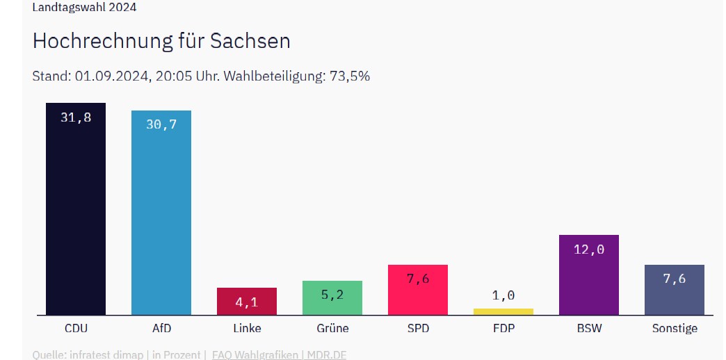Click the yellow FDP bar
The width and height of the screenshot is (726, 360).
pyautogui.click(x=503, y=311)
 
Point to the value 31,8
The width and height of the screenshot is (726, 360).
pyautogui.click(x=76, y=117)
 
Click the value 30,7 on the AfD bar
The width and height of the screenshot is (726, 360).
pyautogui.click(x=161, y=124)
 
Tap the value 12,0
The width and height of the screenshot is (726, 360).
pyautogui.click(x=589, y=249)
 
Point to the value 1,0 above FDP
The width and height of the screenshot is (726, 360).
pyautogui.click(x=503, y=295)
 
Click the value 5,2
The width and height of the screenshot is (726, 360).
pyautogui.click(x=332, y=295)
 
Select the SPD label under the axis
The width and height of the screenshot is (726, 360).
pyautogui.click(x=418, y=328)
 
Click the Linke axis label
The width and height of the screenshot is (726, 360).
pyautogui.click(x=247, y=328)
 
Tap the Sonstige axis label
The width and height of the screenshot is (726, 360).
pyautogui.click(x=675, y=328)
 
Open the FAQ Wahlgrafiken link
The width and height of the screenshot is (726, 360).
pyautogui.click(x=255, y=354)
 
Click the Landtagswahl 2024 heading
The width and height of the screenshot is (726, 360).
pyautogui.click(x=84, y=8)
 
